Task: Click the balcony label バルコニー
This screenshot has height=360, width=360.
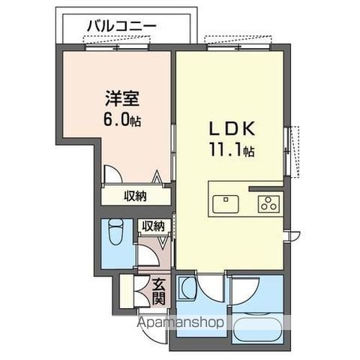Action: [121, 25]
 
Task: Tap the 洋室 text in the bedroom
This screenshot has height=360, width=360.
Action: [121, 97]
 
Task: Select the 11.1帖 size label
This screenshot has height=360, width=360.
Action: [230, 150]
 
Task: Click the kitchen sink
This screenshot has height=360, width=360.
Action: [226, 203]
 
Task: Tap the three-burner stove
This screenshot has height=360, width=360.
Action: [268, 202]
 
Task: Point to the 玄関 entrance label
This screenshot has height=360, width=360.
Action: [160, 290]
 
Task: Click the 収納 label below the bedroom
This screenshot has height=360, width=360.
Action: [135, 196]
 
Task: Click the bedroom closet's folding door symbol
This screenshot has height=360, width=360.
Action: [158, 179]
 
